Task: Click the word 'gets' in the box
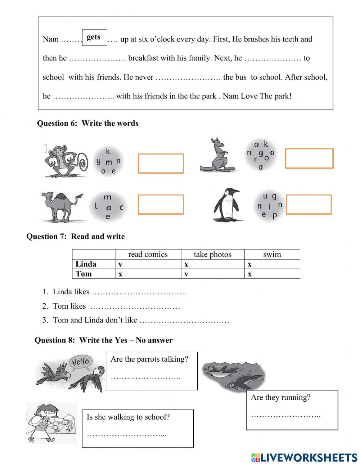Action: coord(94,37)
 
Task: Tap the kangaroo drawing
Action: coord(217,155)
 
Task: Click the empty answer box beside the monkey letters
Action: coord(161,164)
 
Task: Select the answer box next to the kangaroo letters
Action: coord(309,158)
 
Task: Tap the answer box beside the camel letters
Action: coord(161,205)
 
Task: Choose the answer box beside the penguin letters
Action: coord(308,205)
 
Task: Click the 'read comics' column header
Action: coord(148,254)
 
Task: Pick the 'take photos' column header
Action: coord(212,254)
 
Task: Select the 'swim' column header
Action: coord(272,254)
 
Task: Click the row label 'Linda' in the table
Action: coord(86,264)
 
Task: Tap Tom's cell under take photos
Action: coord(212,274)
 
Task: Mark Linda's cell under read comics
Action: coord(148,264)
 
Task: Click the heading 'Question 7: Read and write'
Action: coord(76,237)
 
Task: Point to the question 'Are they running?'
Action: coord(280,397)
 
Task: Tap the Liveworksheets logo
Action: coord(304,457)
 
